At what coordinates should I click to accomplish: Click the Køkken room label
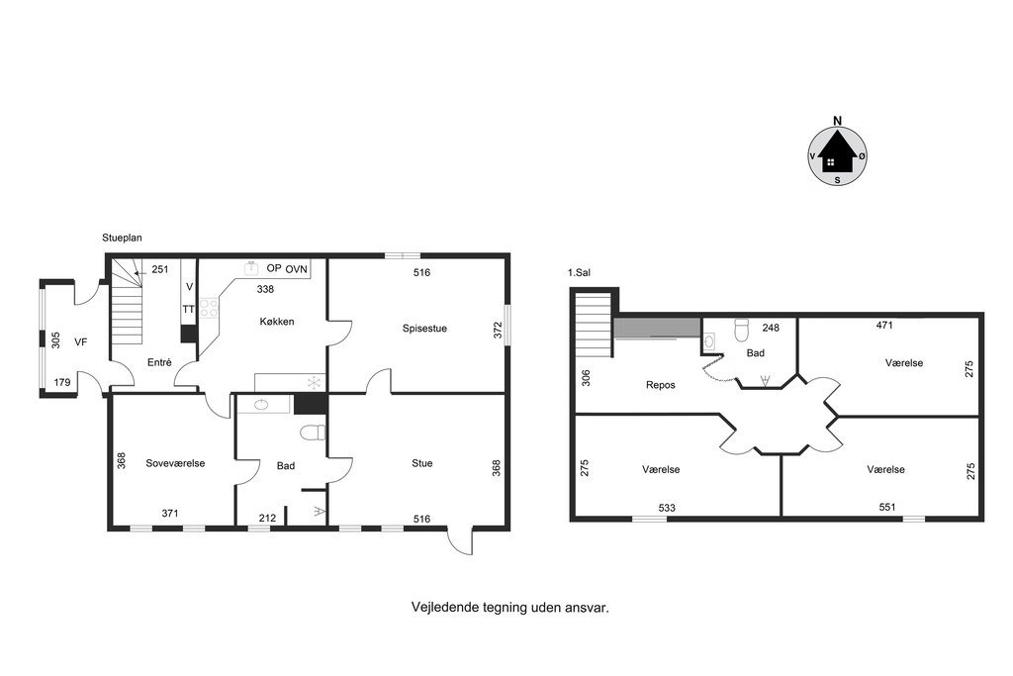tap(277, 322)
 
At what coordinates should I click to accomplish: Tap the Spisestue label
tap(424, 329)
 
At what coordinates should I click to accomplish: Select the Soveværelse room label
tap(175, 463)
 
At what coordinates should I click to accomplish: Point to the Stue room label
tap(421, 463)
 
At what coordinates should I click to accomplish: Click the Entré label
tap(159, 362)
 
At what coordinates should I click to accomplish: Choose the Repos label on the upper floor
tap(660, 385)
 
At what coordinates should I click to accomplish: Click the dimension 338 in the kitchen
tap(265, 290)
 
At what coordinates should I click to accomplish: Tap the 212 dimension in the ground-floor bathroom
tap(267, 518)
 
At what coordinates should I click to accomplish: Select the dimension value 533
tap(667, 508)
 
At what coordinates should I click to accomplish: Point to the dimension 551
tap(887, 508)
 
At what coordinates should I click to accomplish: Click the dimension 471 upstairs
tap(884, 325)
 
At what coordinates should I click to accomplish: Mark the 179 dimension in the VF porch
tap(62, 383)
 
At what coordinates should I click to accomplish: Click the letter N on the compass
tap(838, 121)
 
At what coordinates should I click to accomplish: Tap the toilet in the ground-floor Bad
tap(314, 433)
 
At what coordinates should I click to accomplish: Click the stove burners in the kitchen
tap(209, 308)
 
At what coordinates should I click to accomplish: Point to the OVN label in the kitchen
tap(297, 269)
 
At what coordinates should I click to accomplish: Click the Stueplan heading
tap(122, 238)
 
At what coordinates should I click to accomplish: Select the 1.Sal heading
tap(579, 273)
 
